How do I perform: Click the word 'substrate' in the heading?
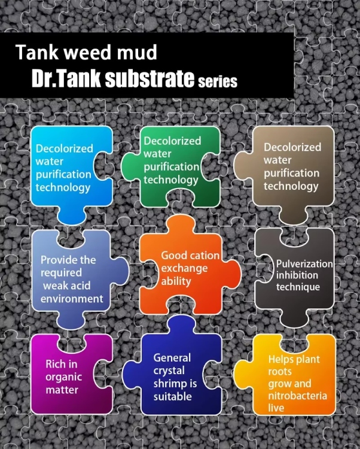pos(149,79)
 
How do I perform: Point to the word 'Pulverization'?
pos(304,263)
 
